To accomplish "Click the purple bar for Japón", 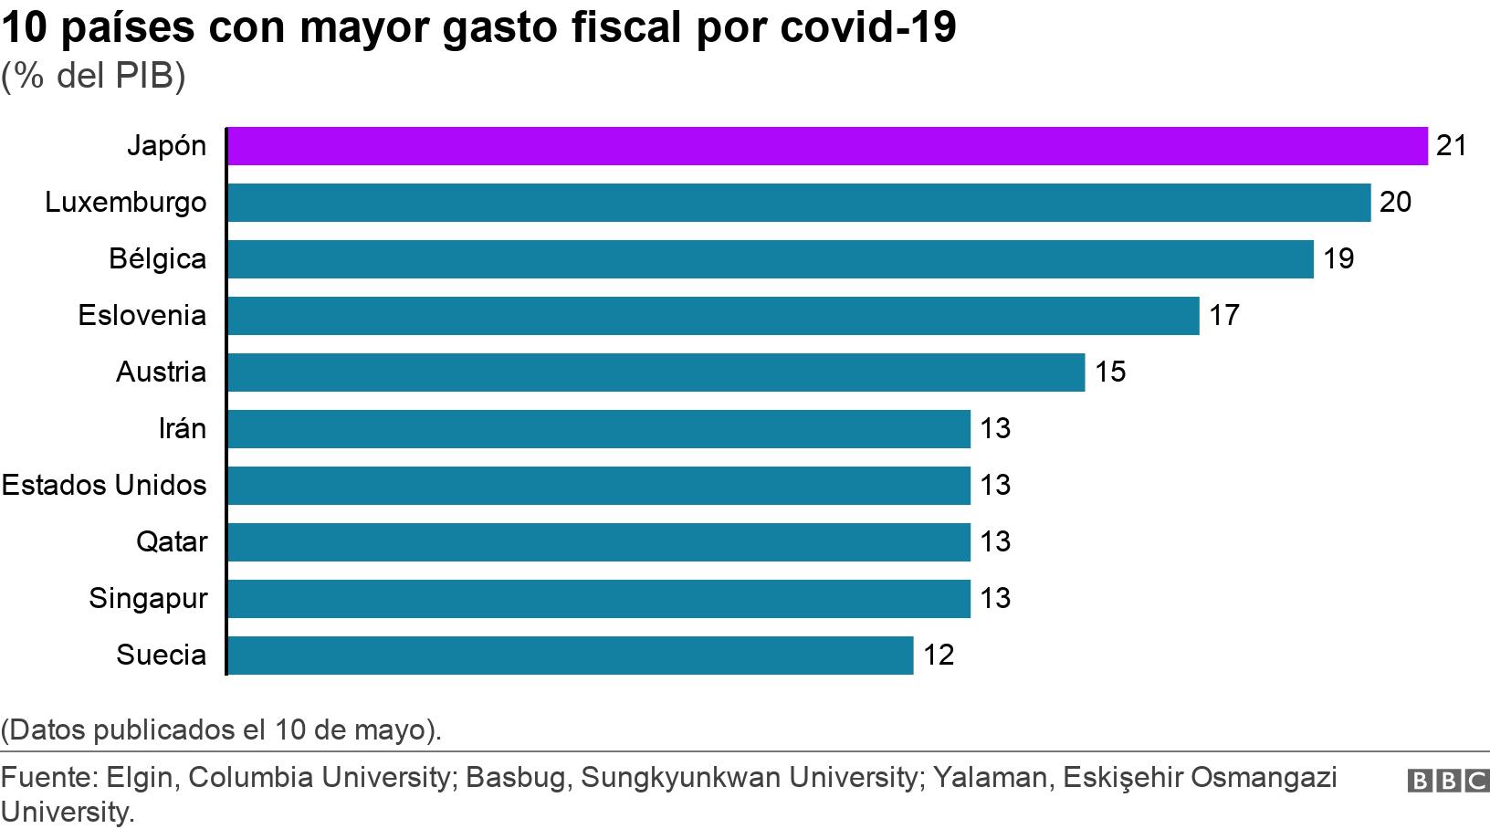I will click(826, 146).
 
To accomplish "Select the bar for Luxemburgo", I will click(799, 203).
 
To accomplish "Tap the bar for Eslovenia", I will click(712, 316).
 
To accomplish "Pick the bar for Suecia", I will click(570, 656).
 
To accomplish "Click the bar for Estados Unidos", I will click(598, 486).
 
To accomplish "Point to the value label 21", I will click(1451, 146).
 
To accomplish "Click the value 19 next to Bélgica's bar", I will click(1338, 259).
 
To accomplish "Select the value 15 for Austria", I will click(1110, 373).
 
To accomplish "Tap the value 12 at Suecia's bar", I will click(939, 656).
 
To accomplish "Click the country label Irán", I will click(182, 429).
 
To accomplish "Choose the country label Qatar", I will click(172, 542).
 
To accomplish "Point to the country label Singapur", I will click(148, 599).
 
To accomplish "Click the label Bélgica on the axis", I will click(157, 259).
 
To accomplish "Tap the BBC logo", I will click(1447, 782).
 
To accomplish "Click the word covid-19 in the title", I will click(868, 28).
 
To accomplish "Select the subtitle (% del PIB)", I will click(92, 77).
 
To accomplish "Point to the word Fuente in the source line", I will click(48, 778).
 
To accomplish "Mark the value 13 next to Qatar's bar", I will click(995, 542).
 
